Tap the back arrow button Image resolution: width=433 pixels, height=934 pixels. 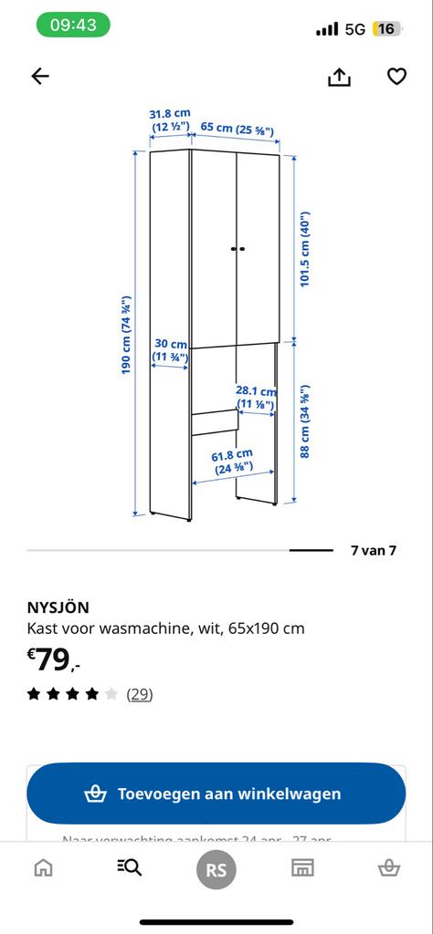[39, 77]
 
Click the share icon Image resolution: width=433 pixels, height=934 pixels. [339, 78]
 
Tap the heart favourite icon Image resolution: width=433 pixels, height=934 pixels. [396, 77]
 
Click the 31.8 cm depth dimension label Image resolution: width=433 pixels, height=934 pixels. [169, 120]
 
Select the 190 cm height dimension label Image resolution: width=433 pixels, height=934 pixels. [128, 334]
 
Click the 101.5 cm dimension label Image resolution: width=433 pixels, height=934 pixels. [306, 250]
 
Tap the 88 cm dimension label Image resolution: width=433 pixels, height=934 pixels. [306, 420]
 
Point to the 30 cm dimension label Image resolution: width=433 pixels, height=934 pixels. [170, 351]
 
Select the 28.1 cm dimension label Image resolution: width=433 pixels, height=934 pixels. [255, 398]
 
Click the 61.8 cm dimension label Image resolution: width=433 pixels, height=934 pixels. [232, 462]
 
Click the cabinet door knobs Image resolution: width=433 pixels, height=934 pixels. [238, 248]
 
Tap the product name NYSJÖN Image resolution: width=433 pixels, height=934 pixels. [58, 607]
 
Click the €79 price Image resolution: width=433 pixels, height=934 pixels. [54, 659]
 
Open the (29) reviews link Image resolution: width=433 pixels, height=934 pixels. [139, 694]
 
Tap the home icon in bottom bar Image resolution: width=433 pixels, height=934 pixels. [43, 867]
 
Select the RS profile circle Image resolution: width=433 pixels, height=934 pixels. [216, 870]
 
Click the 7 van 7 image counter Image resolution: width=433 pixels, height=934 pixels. [373, 551]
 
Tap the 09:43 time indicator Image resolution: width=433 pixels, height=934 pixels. [73, 26]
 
